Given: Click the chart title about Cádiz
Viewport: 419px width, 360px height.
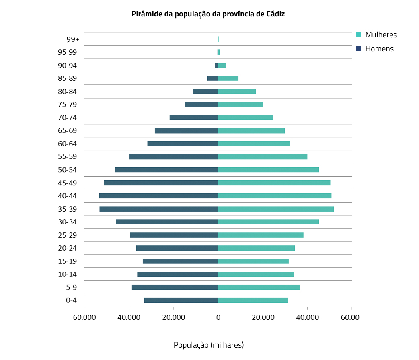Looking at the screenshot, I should pos(208,14).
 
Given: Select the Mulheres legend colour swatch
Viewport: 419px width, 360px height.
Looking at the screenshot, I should pos(359,35).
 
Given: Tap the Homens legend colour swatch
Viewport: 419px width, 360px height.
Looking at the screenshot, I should pos(359,49).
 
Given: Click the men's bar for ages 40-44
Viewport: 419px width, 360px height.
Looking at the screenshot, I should pos(158,196).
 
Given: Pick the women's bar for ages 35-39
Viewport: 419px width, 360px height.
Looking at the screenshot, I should pos(276,209).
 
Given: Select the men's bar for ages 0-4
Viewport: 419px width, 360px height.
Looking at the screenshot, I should pos(181,300).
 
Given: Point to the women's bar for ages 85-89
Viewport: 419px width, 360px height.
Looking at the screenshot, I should pos(228,78).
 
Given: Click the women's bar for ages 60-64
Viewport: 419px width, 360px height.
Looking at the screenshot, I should pos(254,144).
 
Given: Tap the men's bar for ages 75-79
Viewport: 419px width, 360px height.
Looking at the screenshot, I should pos(201,105).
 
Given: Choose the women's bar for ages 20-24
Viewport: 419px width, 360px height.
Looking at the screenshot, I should pos(257,248).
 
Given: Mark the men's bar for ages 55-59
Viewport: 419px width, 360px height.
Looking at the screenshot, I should pos(174,157).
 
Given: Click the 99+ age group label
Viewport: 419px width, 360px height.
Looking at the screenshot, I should pos(73,39).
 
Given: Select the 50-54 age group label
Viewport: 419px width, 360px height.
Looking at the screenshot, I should pos(67,170).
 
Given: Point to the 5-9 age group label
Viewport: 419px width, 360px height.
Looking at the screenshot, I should pos(71,287).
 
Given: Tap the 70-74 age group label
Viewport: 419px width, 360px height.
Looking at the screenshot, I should pos(67,117).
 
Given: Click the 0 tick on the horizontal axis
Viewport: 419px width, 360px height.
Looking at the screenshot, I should pos(218,317).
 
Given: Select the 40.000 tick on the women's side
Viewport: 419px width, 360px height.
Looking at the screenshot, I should pos(307,317).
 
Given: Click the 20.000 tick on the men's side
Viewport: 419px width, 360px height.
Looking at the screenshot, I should pos(173,317).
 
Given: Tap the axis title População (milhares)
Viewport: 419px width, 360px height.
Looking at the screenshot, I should pos(209,345).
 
